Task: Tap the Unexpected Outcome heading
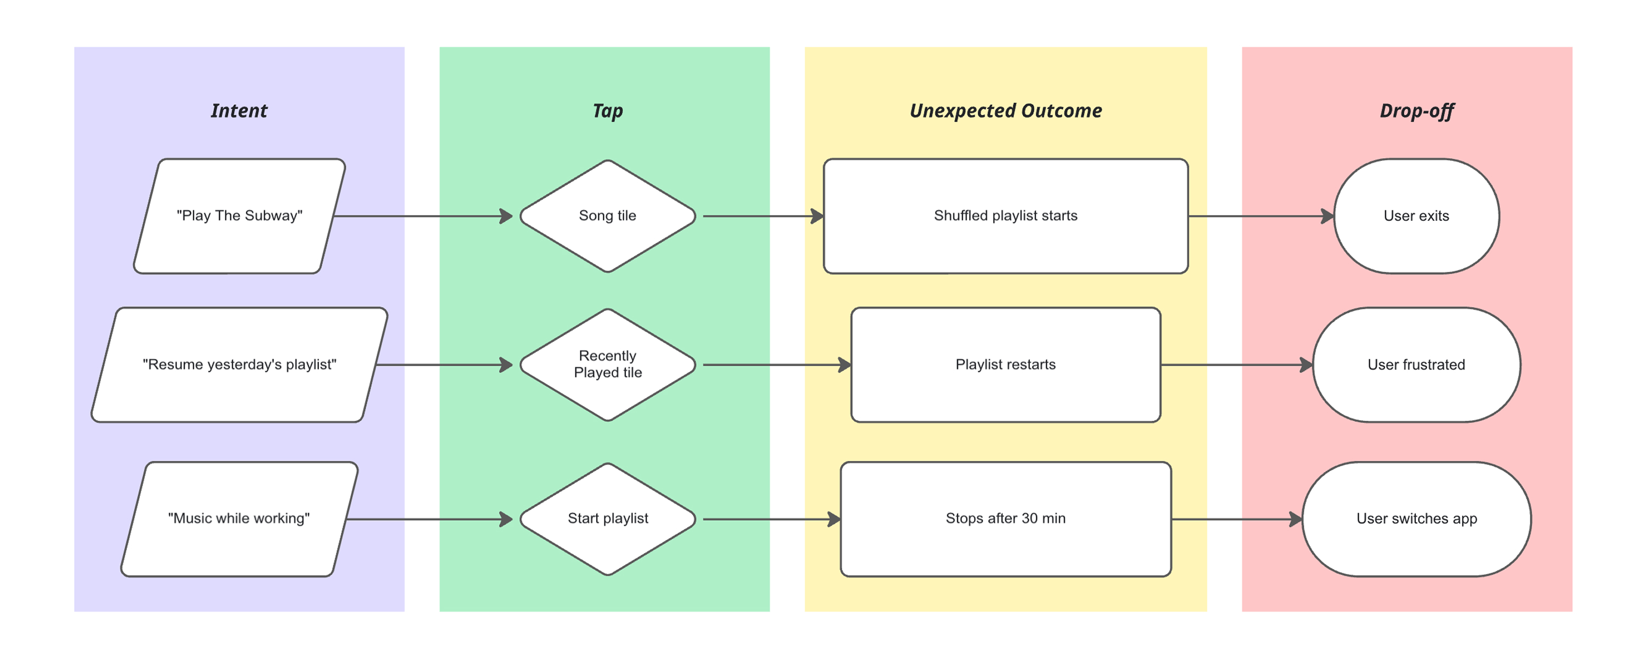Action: [x=1005, y=111]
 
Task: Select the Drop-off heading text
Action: [x=1416, y=111]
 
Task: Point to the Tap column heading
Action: [x=607, y=111]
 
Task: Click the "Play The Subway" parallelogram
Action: [x=239, y=216]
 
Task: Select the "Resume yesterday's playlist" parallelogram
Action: [x=239, y=365]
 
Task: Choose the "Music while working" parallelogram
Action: [x=239, y=519]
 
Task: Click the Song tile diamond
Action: [x=607, y=216]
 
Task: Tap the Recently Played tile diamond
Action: [x=607, y=365]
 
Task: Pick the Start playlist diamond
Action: [x=607, y=519]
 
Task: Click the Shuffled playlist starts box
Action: [x=1005, y=216]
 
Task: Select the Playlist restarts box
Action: [x=1005, y=365]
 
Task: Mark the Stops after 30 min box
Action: [x=1005, y=519]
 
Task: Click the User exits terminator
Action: [x=1416, y=216]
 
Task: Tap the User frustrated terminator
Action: [x=1416, y=365]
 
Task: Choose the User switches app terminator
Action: [x=1416, y=519]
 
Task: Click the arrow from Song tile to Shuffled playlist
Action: [x=761, y=216]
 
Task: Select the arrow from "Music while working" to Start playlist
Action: [x=428, y=519]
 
